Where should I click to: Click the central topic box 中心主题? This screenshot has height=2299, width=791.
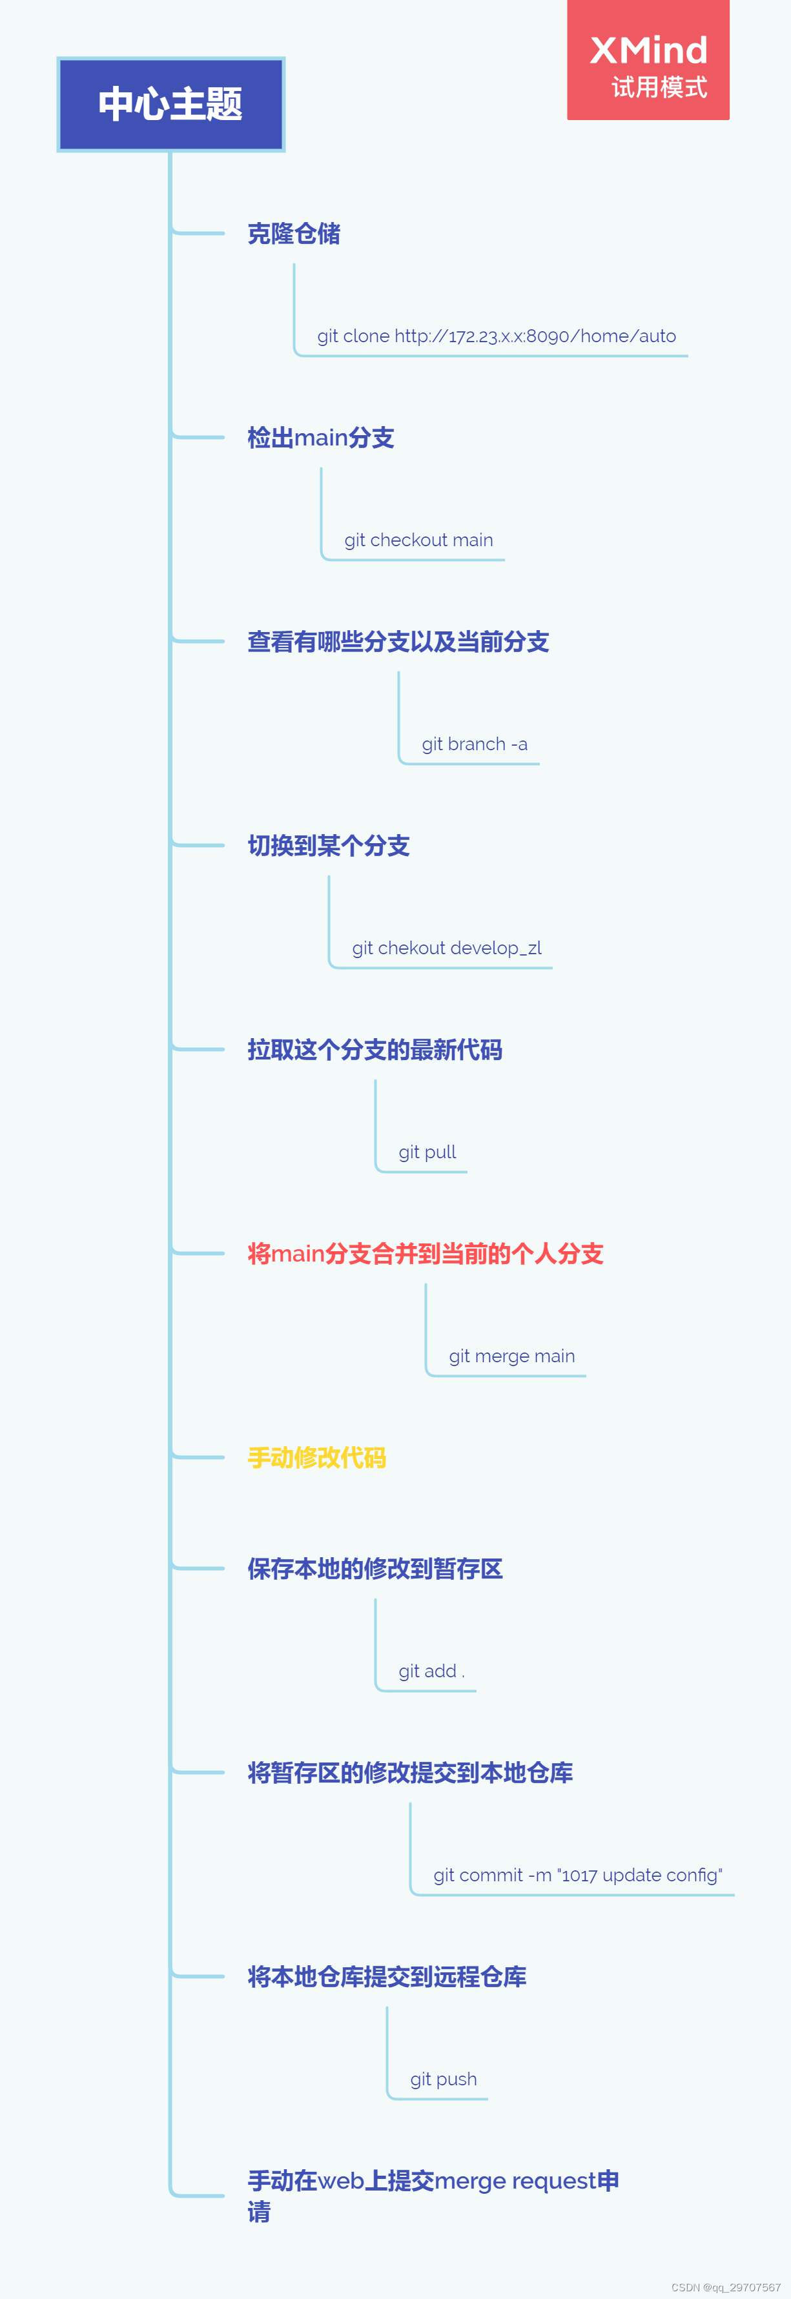pyautogui.click(x=170, y=105)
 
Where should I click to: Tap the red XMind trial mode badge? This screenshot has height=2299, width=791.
pyautogui.click(x=648, y=61)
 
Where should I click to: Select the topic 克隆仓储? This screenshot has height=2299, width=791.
pyautogui.click(x=294, y=234)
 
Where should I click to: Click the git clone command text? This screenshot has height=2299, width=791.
pyautogui.click(x=497, y=336)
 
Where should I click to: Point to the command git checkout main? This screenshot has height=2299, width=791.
pyautogui.click(x=418, y=540)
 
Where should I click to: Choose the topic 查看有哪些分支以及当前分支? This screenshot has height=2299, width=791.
pyautogui.click(x=398, y=642)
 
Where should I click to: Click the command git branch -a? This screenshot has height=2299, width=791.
pyautogui.click(x=474, y=744)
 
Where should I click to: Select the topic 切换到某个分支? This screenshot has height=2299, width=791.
pyautogui.click(x=329, y=846)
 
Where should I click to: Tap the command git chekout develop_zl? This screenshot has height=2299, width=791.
pyautogui.click(x=446, y=948)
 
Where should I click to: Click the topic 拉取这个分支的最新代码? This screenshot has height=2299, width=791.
pyautogui.click(x=375, y=1050)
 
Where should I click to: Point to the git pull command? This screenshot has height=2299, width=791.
pyautogui.click(x=427, y=1152)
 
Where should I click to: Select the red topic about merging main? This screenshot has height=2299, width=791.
pyautogui.click(x=425, y=1254)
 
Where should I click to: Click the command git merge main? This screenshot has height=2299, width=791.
pyautogui.click(x=511, y=1356)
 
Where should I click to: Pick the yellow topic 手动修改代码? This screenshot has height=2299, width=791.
pyautogui.click(x=317, y=1458)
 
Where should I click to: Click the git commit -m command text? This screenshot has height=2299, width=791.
pyautogui.click(x=578, y=1875)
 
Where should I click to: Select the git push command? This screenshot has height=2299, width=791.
pyautogui.click(x=443, y=2079)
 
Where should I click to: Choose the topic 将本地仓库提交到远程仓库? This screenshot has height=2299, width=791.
pyautogui.click(x=387, y=1977)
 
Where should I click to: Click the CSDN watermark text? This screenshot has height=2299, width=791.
pyautogui.click(x=726, y=2287)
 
